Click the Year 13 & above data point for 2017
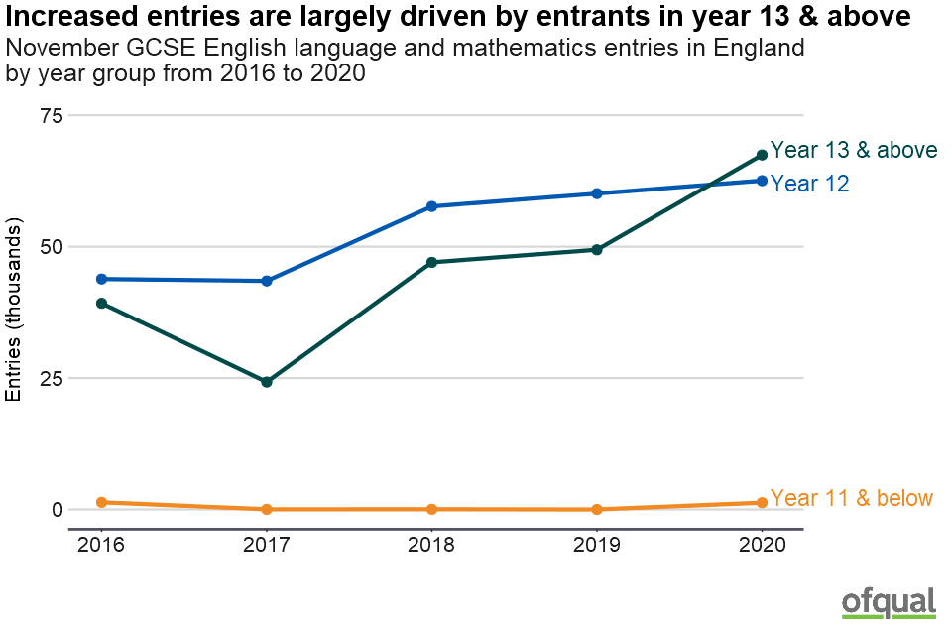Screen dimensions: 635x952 pyautogui.click(x=267, y=382)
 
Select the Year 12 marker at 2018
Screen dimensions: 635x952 pyautogui.click(x=432, y=206)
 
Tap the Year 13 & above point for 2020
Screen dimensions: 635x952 pyautogui.click(x=762, y=155)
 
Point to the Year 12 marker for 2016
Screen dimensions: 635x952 pyautogui.click(x=101, y=279)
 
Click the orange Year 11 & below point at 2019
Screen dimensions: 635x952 pyautogui.click(x=597, y=509)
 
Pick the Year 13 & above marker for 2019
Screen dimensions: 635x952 pyautogui.click(x=597, y=250)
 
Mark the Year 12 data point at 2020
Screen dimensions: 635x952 pyautogui.click(x=762, y=181)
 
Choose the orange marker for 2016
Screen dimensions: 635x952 pyautogui.click(x=101, y=502)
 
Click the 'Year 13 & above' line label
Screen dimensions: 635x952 pyautogui.click(x=854, y=150)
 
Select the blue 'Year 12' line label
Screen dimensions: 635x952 pyautogui.click(x=809, y=184)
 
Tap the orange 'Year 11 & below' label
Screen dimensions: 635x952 pyautogui.click(x=851, y=498)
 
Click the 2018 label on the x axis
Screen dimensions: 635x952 pyautogui.click(x=432, y=545)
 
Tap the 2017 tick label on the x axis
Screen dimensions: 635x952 pyautogui.click(x=267, y=545)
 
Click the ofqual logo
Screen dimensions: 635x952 pyautogui.click(x=889, y=602)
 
